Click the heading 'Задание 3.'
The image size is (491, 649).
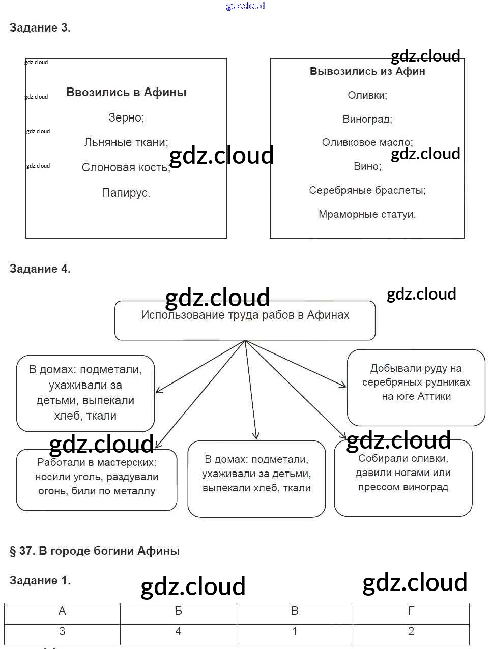click(x=40, y=28)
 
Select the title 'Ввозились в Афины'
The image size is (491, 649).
click(x=126, y=93)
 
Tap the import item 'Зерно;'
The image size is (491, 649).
click(x=126, y=117)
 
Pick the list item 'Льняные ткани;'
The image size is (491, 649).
click(x=126, y=142)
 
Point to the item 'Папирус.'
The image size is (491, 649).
click(x=126, y=193)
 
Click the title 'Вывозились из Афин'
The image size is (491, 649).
click(x=367, y=71)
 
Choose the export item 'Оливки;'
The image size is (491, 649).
click(x=367, y=95)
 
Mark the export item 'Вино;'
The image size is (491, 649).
click(x=367, y=166)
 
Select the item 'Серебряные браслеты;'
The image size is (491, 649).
click(x=367, y=190)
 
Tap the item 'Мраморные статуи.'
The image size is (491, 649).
click(x=367, y=214)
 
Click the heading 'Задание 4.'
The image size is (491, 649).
click(x=40, y=269)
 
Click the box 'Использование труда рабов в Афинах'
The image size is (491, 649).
click(x=245, y=320)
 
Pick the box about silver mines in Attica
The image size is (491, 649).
click(x=416, y=387)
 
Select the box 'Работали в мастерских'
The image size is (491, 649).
click(x=97, y=480)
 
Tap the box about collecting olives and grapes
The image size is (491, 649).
click(x=403, y=478)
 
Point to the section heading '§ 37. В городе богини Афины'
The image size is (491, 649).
click(x=95, y=551)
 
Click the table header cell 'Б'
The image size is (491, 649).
click(x=178, y=611)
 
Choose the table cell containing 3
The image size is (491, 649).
click(x=62, y=632)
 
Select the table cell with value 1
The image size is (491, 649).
click(x=295, y=632)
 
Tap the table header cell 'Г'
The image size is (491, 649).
click(x=411, y=611)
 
